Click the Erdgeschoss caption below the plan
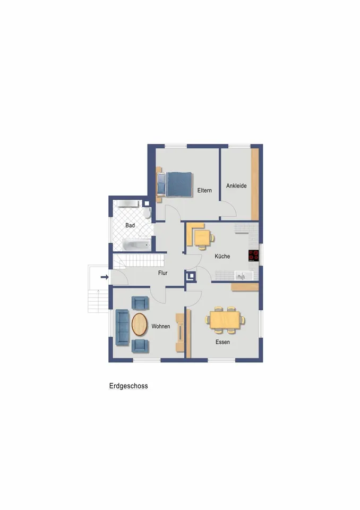pyautogui.click(x=128, y=386)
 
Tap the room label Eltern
pyautogui.click(x=204, y=190)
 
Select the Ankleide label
pyautogui.click(x=236, y=186)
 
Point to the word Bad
pyautogui.click(x=130, y=225)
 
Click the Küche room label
pyautogui.click(x=222, y=256)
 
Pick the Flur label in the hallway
pyautogui.click(x=162, y=273)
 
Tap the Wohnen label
pyautogui.click(x=161, y=326)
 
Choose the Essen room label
pyautogui.click(x=222, y=342)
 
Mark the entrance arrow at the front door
pyautogui.click(x=105, y=277)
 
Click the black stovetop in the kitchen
pyautogui.click(x=253, y=256)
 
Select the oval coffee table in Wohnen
pyautogui.click(x=140, y=324)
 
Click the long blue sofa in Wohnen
pyautogui.click(x=122, y=327)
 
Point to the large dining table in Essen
pyautogui.click(x=225, y=320)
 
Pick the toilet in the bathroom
pyautogui.click(x=147, y=212)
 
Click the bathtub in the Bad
pyautogui.click(x=137, y=244)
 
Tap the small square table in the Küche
pyautogui.click(x=202, y=238)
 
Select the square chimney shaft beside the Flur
pyautogui.click(x=190, y=276)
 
